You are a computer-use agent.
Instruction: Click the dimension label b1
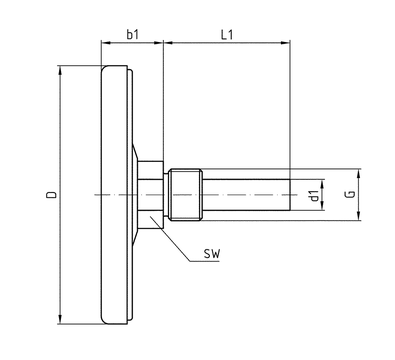tap(132, 34)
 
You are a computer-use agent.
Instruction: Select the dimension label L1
tap(227, 34)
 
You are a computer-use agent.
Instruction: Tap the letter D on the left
tap(51, 195)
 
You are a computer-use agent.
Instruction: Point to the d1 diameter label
tap(314, 195)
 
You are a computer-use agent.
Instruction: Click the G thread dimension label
tap(350, 194)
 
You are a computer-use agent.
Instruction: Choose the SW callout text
tap(212, 254)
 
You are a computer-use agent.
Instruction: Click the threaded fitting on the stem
tap(185, 195)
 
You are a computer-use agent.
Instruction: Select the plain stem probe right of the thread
tap(246, 195)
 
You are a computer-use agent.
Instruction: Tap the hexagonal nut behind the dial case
tap(151, 195)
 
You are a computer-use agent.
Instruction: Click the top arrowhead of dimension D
tap(60, 70)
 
